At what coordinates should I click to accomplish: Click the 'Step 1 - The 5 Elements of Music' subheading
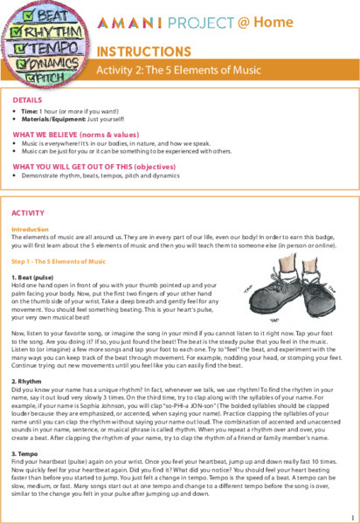click(x=59, y=261)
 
